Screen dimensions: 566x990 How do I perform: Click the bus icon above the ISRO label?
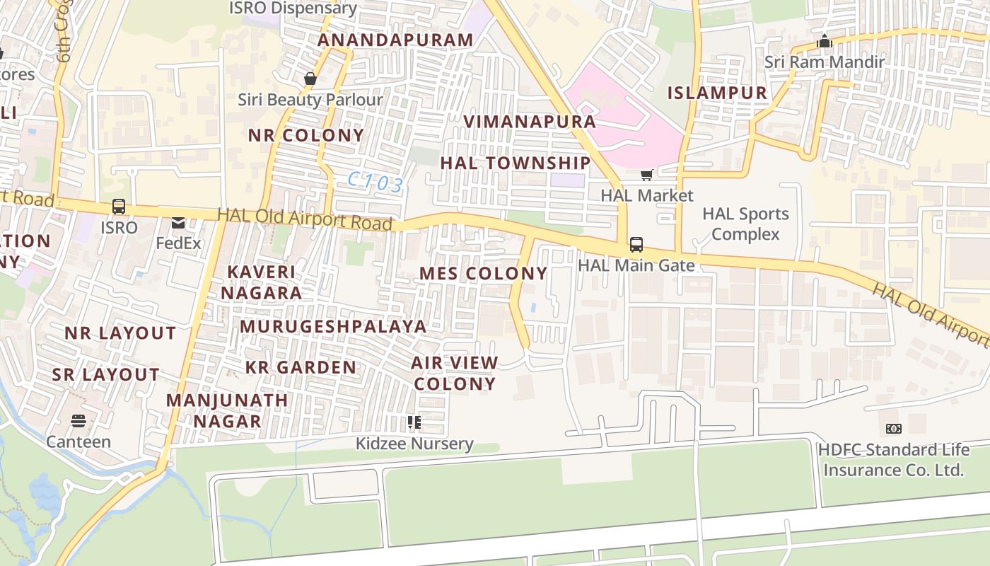119,207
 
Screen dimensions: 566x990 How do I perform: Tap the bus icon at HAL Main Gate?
636,245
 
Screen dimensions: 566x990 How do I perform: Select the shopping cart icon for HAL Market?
646,175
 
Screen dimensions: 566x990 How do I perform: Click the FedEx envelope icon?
178,224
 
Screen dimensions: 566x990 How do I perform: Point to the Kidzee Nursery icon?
414,423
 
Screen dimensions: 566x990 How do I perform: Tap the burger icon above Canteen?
78,421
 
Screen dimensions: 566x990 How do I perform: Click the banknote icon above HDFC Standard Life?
893,429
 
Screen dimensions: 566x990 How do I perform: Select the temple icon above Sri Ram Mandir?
825,42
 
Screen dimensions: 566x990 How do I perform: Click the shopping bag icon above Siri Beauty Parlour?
310,79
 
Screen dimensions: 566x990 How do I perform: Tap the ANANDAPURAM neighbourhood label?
395,40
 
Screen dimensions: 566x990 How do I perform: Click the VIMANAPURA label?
530,122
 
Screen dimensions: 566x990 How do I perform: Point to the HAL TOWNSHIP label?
516,163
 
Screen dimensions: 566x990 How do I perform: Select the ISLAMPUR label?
717,93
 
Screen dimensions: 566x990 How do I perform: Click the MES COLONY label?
484,274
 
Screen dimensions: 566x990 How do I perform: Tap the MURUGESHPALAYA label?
333,326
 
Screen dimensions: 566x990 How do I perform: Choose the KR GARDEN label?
301,367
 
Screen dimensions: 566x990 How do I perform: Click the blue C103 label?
375,183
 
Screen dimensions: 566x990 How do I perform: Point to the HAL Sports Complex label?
745,224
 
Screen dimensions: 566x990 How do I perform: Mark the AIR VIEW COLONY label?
455,374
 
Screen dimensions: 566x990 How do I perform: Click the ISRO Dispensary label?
293,8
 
